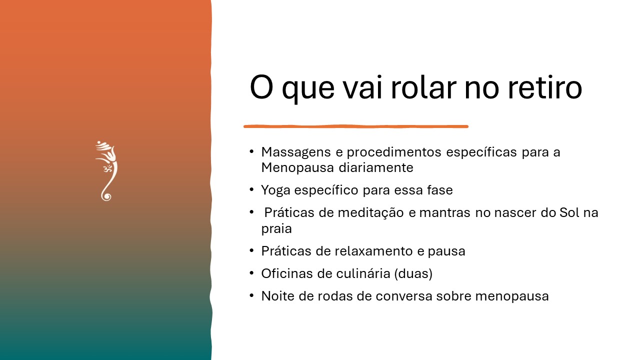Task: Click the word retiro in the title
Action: pyautogui.click(x=545, y=87)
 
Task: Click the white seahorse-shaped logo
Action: pyautogui.click(x=106, y=171)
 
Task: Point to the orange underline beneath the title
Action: pyautogui.click(x=356, y=126)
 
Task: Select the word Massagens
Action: pyautogui.click(x=296, y=152)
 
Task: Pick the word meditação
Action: pyautogui.click(x=370, y=213)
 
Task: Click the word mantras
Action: pyautogui.click(x=444, y=213)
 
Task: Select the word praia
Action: pyautogui.click(x=276, y=229)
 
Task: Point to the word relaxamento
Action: pyautogui.click(x=373, y=251)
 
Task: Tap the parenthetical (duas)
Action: pyautogui.click(x=413, y=273)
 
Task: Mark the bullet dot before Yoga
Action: pyautogui.click(x=251, y=189)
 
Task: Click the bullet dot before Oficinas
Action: pyautogui.click(x=251, y=273)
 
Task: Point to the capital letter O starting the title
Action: pyautogui.click(x=261, y=87)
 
